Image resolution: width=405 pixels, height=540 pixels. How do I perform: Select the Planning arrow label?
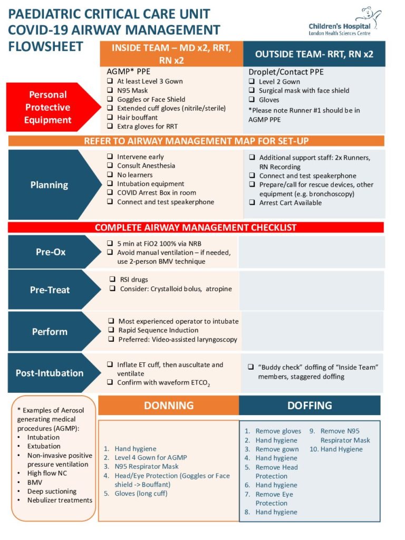point(49,185)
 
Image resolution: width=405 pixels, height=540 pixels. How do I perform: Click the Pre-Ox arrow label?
point(51,252)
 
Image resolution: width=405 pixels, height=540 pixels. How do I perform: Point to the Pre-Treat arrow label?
point(50,290)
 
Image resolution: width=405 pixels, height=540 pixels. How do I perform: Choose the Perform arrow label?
point(50,332)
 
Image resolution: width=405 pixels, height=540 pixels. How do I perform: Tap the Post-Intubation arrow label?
point(50,373)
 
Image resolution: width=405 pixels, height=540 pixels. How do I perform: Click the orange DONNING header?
point(169,405)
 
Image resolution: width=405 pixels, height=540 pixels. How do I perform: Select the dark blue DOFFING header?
point(310,405)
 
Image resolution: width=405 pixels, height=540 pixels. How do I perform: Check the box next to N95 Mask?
point(110,90)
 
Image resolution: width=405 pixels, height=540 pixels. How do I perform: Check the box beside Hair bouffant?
point(110,117)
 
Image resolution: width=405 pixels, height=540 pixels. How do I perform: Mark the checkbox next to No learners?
point(110,175)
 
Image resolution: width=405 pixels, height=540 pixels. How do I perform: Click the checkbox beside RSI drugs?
point(112,279)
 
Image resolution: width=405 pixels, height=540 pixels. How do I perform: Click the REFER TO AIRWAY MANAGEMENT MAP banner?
point(196,141)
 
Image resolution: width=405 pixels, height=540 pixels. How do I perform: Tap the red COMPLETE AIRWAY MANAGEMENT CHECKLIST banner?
point(196,228)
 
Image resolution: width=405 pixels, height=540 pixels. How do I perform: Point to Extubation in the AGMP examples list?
point(43,446)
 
